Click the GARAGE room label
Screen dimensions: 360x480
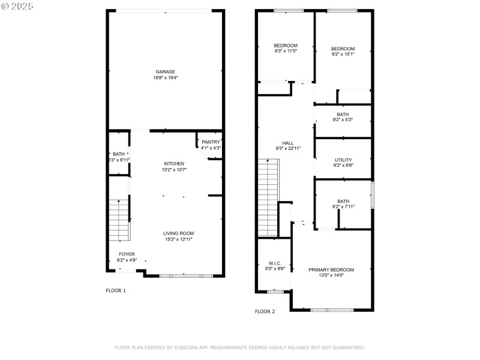[x=166, y=71]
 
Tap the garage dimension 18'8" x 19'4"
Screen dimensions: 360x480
[x=166, y=77]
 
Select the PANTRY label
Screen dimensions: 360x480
[x=211, y=142]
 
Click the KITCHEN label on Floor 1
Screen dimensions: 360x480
[x=175, y=163]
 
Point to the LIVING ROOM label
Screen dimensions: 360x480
[x=179, y=233]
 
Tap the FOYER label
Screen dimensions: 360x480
[x=127, y=254]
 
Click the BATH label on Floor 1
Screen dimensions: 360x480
[x=119, y=154]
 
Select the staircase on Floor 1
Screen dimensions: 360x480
[x=120, y=220]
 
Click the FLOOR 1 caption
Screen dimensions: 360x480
[x=116, y=290]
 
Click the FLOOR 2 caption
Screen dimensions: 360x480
[x=265, y=311]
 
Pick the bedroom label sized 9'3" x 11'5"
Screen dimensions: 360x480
[x=286, y=46]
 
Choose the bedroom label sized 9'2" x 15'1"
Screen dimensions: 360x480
[x=343, y=49]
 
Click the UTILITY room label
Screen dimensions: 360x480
[x=343, y=160]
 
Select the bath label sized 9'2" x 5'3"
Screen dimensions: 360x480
[x=343, y=114]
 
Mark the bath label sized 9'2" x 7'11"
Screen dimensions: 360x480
[x=343, y=202]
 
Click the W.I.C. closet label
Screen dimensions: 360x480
[x=274, y=263]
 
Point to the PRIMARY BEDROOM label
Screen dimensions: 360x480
[x=331, y=269]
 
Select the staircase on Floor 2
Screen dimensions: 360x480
[x=268, y=198]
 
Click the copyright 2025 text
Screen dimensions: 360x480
[x=17, y=5]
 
